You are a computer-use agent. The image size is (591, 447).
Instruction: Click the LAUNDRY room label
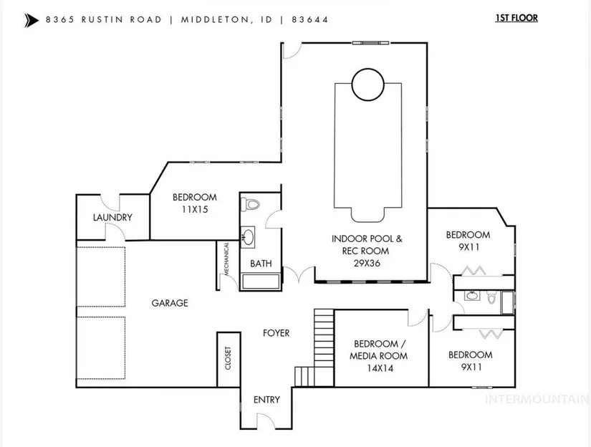112,217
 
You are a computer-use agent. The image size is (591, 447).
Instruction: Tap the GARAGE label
170,303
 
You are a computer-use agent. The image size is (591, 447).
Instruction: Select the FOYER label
276,332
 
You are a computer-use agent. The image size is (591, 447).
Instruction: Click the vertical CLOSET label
229,359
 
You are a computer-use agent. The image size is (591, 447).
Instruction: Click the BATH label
261,264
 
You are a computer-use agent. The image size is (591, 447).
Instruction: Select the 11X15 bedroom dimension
194,211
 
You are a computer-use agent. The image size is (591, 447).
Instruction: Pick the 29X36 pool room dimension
360,263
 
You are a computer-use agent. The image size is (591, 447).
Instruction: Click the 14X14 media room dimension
378,369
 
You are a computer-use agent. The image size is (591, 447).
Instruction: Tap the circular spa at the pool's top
368,84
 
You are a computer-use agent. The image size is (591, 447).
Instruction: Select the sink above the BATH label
248,236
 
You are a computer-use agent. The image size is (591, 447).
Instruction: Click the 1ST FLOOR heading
516,18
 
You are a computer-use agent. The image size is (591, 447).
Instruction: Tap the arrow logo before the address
31,20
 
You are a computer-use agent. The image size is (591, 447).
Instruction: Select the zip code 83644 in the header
310,20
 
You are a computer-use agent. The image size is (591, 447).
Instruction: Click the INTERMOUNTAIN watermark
537,398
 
